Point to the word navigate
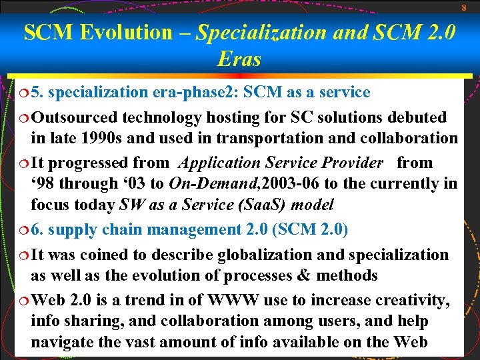click(63, 342)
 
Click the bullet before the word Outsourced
click(22, 118)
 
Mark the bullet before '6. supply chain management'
click(22, 230)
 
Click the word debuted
click(415, 117)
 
